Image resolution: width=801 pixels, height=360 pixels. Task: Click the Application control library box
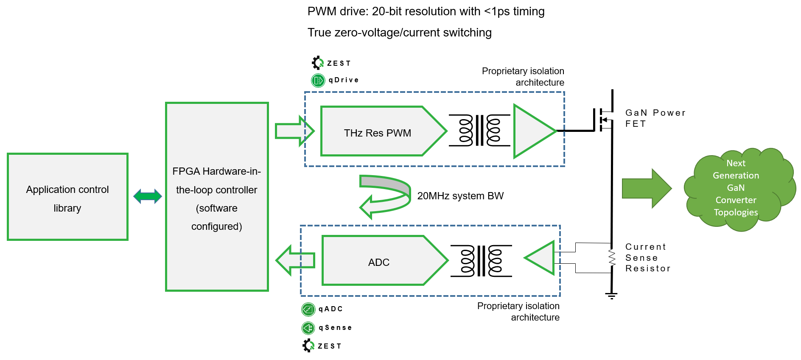(x=67, y=197)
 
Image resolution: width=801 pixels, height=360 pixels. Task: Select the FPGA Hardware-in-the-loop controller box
(x=217, y=197)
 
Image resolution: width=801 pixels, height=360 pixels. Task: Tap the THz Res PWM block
(x=384, y=131)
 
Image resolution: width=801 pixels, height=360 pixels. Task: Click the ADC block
(x=385, y=260)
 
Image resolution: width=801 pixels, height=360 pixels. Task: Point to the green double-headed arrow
(x=148, y=196)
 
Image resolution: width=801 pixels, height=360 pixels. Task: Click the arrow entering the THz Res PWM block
(x=295, y=131)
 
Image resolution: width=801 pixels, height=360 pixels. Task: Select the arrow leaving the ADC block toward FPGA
(x=295, y=260)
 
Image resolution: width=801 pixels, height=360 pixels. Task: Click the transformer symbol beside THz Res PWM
(x=479, y=130)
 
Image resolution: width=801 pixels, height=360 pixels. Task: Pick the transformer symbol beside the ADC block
(x=481, y=261)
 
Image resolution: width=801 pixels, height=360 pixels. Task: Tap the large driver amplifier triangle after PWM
(x=534, y=131)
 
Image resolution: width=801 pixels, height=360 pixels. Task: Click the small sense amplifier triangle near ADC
(x=540, y=258)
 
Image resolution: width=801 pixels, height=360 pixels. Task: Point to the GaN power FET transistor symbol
(x=603, y=120)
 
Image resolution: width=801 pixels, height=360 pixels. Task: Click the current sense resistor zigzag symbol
(x=612, y=257)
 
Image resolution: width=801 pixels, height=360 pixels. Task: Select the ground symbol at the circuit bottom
(x=611, y=295)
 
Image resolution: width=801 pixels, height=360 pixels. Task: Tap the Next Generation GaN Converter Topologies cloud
(x=740, y=189)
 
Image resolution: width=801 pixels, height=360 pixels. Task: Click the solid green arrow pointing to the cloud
(x=647, y=189)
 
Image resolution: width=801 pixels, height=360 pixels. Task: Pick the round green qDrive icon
(x=318, y=80)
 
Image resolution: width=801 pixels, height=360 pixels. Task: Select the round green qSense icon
(x=308, y=328)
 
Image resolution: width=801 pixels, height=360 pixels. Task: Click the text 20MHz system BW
(x=460, y=196)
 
